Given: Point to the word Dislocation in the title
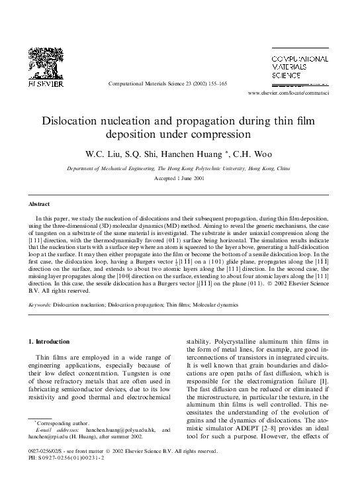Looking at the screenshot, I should pos(76,121).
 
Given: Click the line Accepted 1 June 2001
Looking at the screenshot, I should pos(179,179).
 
